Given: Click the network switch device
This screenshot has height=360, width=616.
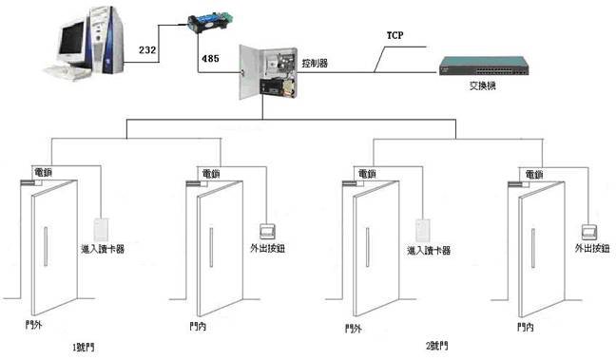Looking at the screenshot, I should point(483,65).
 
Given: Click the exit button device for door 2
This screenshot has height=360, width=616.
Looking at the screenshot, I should point(590,230).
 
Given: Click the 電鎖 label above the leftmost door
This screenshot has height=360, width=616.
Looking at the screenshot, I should point(43,172).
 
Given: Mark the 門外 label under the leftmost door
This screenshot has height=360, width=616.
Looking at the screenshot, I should point(33,326).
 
